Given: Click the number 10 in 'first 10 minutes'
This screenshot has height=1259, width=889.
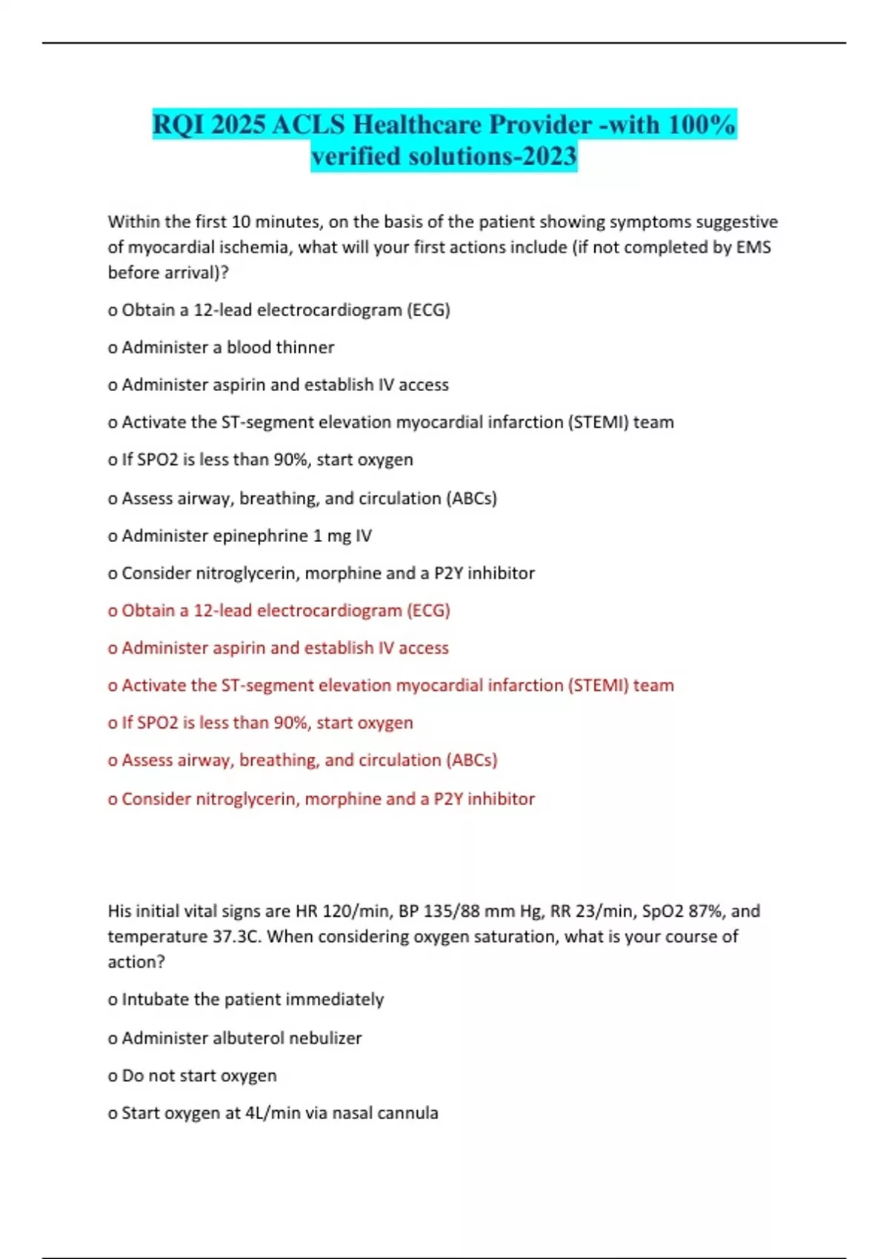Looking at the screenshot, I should coord(242,222).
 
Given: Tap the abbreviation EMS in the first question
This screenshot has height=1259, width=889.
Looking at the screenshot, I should coord(753,247).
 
